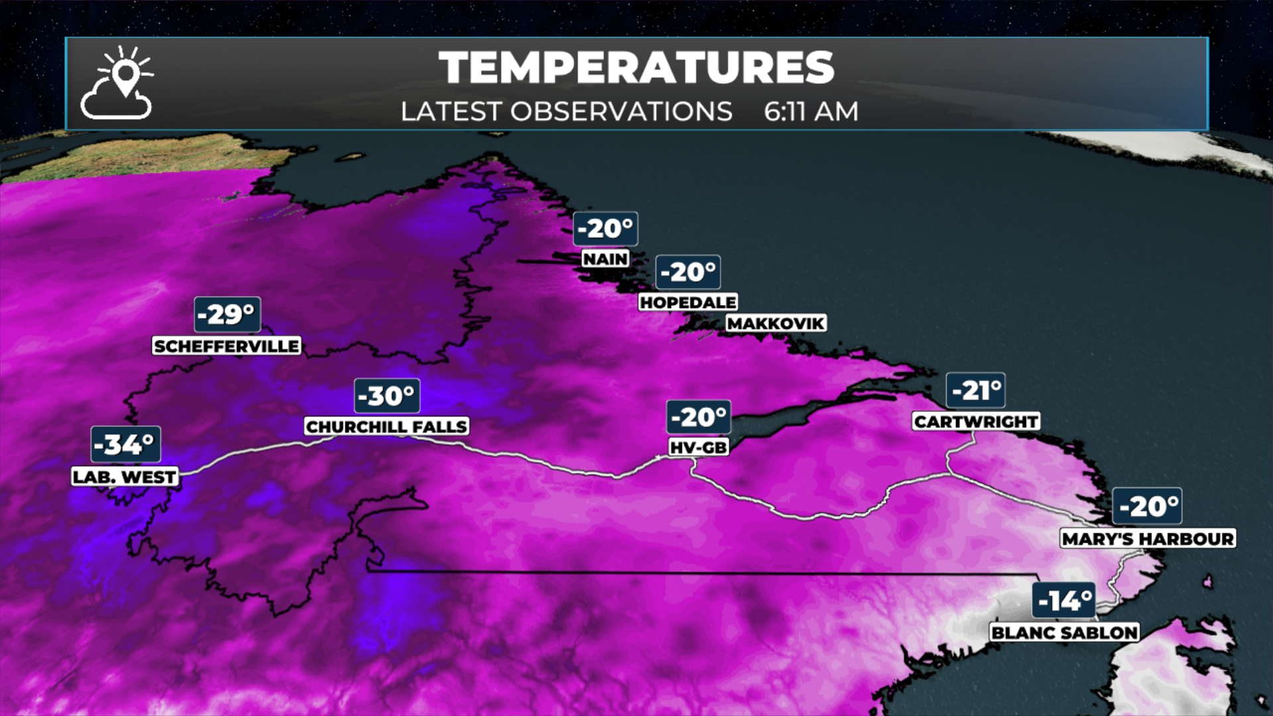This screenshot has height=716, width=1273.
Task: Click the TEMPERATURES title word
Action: pyautogui.click(x=636, y=68)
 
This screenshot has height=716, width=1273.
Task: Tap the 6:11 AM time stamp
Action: pyautogui.click(x=810, y=111)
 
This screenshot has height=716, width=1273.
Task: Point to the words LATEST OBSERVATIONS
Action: pyautogui.click(x=566, y=111)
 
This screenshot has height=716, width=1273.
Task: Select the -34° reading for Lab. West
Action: pyautogui.click(x=125, y=444)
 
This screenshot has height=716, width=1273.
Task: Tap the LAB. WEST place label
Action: pyautogui.click(x=125, y=477)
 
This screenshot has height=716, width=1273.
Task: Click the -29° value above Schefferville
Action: pyautogui.click(x=227, y=314)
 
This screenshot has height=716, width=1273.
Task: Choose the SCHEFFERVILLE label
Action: pyautogui.click(x=227, y=346)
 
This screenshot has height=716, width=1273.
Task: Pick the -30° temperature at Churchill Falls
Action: pyautogui.click(x=387, y=396)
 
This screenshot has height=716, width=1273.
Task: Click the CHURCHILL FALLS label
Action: pyautogui.click(x=387, y=427)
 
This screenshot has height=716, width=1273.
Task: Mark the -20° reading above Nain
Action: pyautogui.click(x=605, y=229)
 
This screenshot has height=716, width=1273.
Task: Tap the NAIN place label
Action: pyautogui.click(x=605, y=259)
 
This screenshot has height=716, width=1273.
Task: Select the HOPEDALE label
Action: pyautogui.click(x=688, y=302)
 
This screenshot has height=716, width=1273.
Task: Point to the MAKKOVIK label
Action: pyautogui.click(x=776, y=324)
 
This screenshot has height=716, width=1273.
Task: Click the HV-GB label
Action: pyautogui.click(x=699, y=448)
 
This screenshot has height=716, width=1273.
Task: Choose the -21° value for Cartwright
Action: pyautogui.click(x=975, y=390)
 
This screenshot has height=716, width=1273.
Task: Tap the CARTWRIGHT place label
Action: pyautogui.click(x=976, y=422)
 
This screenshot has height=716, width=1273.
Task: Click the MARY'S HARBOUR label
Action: pyautogui.click(x=1148, y=539)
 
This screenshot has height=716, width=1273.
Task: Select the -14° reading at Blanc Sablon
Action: pyautogui.click(x=1064, y=601)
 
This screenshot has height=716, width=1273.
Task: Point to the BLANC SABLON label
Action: pyautogui.click(x=1065, y=633)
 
